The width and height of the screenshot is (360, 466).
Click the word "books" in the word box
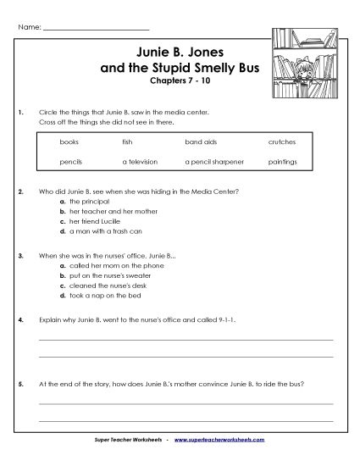point(69,141)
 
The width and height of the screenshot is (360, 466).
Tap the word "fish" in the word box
point(127,141)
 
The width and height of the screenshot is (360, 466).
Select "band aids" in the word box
point(197,141)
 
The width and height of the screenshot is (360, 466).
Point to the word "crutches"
point(281,141)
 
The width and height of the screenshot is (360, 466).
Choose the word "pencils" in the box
point(70,160)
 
